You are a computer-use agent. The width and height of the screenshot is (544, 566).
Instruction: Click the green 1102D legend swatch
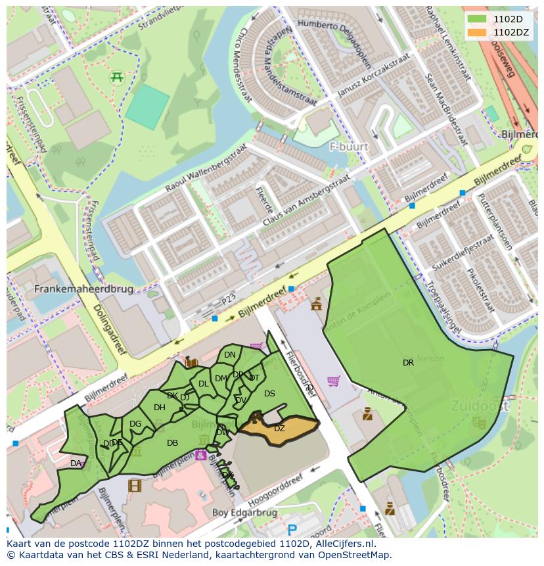coord(477,19)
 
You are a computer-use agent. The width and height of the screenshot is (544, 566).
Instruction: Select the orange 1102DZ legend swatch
coord(477,32)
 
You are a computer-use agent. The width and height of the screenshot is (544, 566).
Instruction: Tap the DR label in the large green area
coord(408,362)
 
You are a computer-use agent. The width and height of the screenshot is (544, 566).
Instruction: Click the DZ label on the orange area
coord(279,429)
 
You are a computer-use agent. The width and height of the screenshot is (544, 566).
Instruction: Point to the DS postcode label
coord(269,394)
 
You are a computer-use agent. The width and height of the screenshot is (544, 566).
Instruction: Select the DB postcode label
coord(172,443)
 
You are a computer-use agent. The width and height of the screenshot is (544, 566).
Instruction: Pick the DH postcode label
coord(160,408)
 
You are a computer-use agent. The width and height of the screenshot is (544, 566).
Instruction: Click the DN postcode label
coord(229,355)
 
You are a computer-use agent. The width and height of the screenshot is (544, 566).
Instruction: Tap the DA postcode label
coord(76,463)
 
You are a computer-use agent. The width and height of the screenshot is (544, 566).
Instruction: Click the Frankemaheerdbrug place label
coord(83,289)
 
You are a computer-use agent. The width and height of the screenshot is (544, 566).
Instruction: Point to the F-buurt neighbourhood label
coord(349,146)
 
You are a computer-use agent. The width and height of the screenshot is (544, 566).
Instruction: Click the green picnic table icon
coord(118,77)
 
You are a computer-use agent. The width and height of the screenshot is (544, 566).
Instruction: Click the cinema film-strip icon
coord(135,486)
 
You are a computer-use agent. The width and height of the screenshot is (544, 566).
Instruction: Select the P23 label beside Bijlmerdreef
coord(228,299)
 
